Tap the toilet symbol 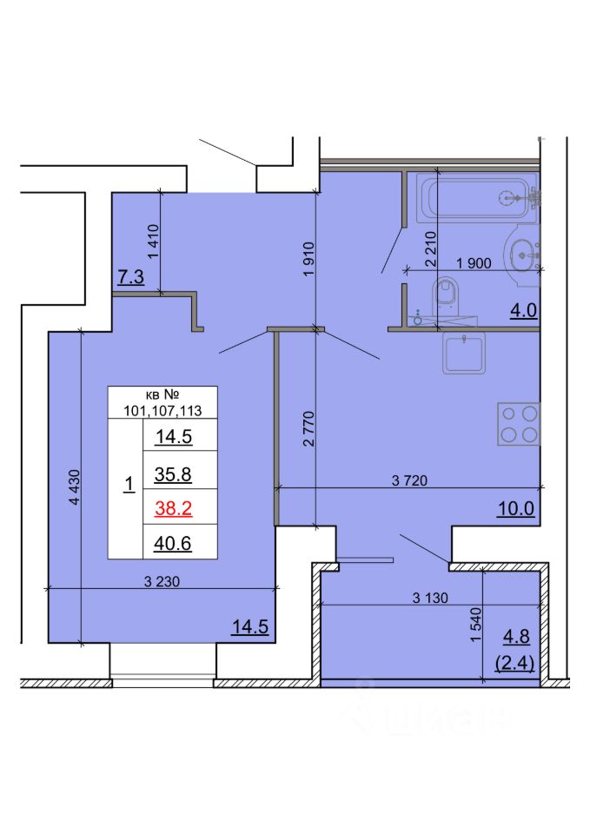click(447, 296)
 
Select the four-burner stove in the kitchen click(519, 424)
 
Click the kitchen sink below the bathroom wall click(464, 353)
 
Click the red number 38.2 click(174, 508)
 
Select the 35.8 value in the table click(173, 474)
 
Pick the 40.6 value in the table click(172, 544)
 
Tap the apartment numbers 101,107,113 click(162, 411)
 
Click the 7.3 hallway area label click(131, 277)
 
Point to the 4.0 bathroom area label click(523, 310)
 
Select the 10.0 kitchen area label click(516, 508)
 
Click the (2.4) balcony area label click(514, 663)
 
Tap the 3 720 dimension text click(409, 480)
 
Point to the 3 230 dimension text click(162, 581)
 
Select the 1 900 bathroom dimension click(474, 262)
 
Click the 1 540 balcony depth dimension click(475, 625)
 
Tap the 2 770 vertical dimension click(308, 428)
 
